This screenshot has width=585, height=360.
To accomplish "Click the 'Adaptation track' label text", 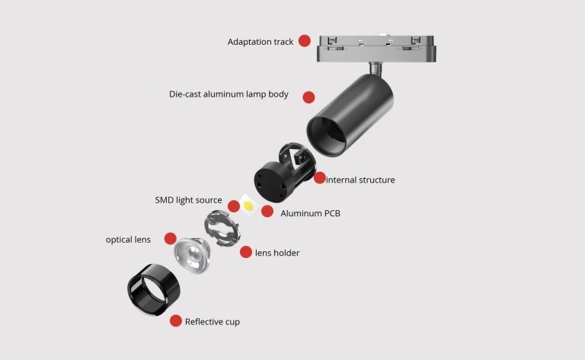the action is [x=261, y=42].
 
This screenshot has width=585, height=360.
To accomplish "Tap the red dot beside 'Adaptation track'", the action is [x=305, y=40].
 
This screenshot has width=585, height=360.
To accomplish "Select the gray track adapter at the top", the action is [x=376, y=49].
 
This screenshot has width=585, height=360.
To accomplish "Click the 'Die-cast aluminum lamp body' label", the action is [x=229, y=94].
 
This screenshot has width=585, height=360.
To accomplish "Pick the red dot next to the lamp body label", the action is [x=308, y=97].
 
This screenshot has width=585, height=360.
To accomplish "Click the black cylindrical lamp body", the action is [x=350, y=114].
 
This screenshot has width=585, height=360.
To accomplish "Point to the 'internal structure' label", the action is [x=360, y=180].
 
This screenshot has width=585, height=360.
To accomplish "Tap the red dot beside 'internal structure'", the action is [x=319, y=178].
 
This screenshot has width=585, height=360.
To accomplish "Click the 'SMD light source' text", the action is [x=188, y=200].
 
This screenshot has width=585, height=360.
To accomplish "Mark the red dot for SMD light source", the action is [x=234, y=205].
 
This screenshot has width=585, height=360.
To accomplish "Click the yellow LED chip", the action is [x=248, y=205].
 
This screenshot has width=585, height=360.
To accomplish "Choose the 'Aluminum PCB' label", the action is [x=311, y=214].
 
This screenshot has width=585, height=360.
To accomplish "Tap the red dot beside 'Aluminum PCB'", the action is [x=267, y=212].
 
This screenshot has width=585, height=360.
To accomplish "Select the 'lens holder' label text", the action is [x=277, y=253].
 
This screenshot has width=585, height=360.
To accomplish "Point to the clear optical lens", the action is [x=192, y=255].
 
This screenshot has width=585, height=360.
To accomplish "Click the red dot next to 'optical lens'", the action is [x=170, y=238].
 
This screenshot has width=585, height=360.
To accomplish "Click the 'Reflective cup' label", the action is [x=213, y=322].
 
